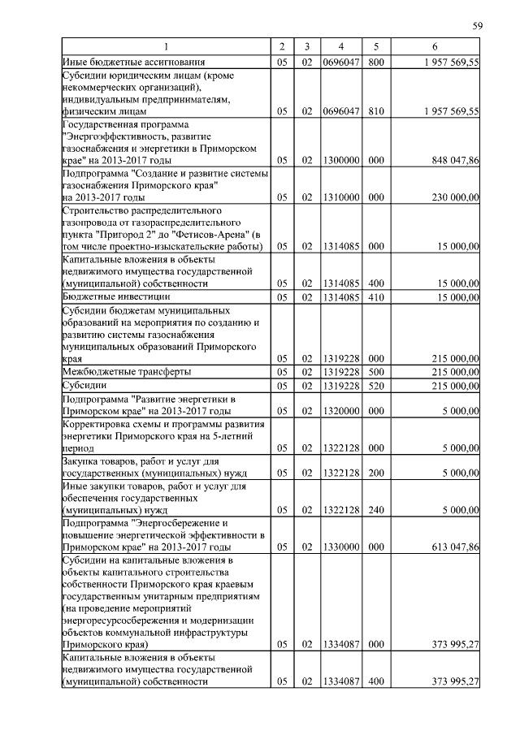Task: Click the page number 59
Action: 478,27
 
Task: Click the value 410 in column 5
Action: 375,297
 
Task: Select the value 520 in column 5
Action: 375,385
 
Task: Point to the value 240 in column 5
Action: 375,510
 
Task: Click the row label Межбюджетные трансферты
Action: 127,371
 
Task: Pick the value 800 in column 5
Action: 375,61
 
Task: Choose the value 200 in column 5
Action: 375,473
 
